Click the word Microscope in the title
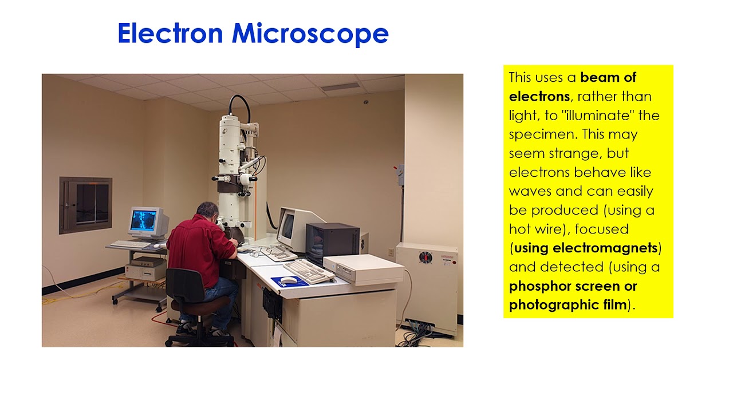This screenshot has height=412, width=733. [310, 34]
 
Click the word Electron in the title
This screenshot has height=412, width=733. [170, 33]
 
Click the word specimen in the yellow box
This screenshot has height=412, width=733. [541, 134]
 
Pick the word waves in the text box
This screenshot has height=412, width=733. [530, 191]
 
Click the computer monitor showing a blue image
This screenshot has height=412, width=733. [148, 223]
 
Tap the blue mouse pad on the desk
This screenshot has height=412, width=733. [289, 281]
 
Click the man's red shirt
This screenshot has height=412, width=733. [200, 248]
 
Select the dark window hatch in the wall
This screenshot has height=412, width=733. [86, 205]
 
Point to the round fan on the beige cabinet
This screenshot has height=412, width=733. [425, 257]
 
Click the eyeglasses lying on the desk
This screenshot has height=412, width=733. [260, 252]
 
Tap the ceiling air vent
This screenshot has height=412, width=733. [340, 86]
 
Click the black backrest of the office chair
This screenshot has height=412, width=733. [185, 286]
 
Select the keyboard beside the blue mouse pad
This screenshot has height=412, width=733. [309, 271]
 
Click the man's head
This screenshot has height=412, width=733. [207, 211]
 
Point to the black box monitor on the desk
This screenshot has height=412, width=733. [333, 242]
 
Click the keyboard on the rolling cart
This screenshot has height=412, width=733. [131, 244]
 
